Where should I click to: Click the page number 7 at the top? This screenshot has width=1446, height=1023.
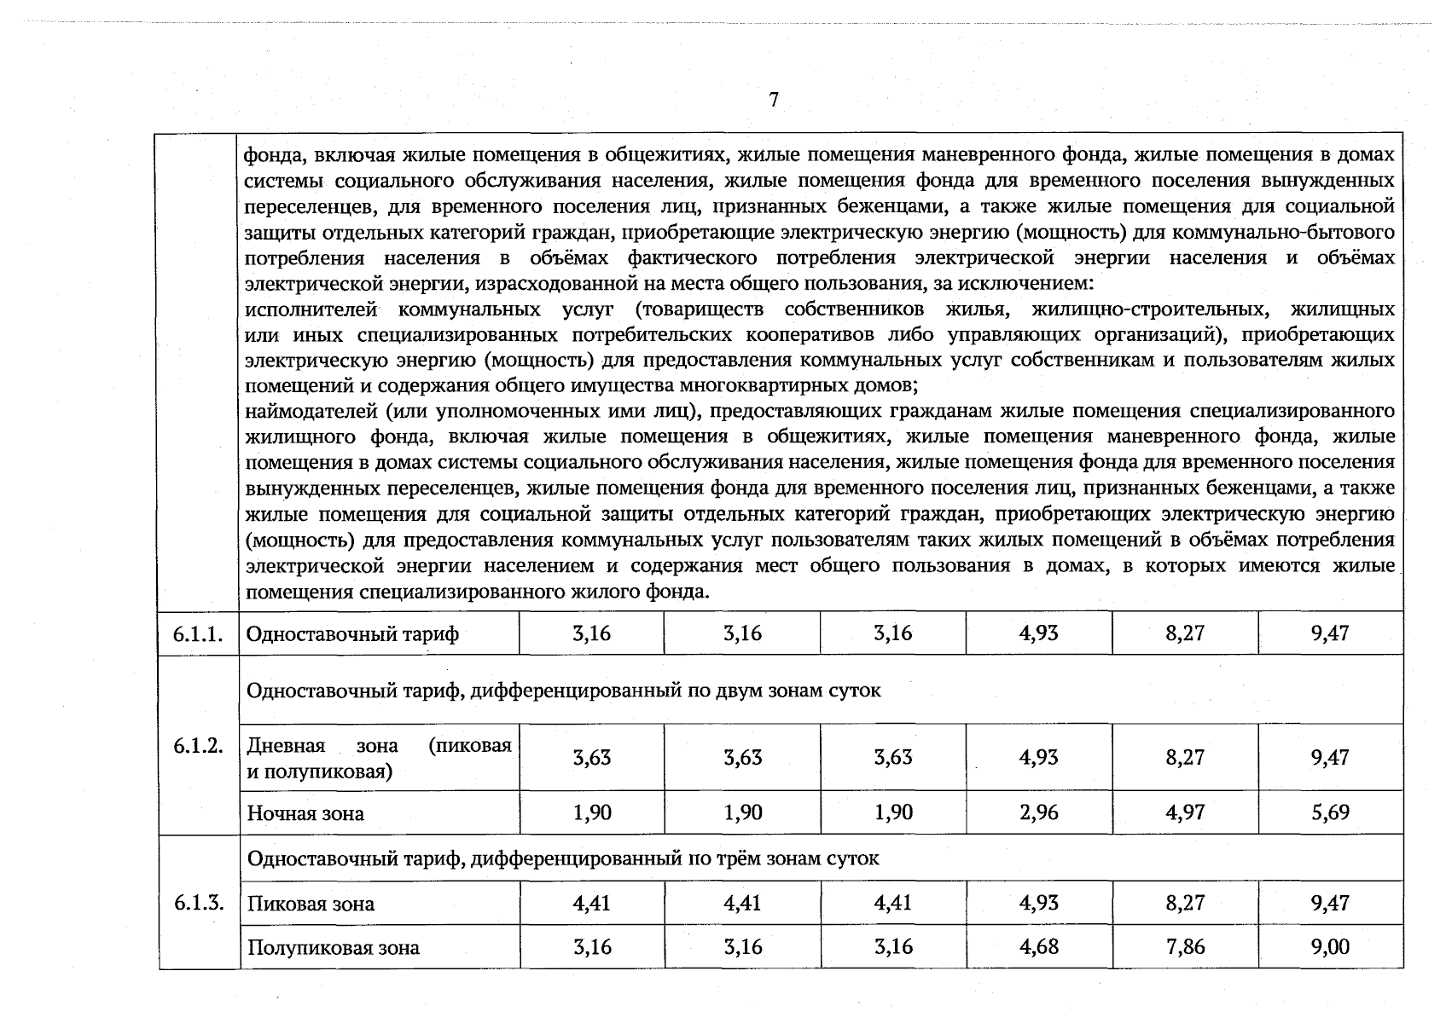pyautogui.click(x=773, y=100)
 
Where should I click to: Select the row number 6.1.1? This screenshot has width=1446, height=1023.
pyautogui.click(x=198, y=634)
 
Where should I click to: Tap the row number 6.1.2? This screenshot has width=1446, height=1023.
pyautogui.click(x=198, y=746)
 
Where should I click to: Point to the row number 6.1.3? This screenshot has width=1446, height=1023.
pyautogui.click(x=198, y=903)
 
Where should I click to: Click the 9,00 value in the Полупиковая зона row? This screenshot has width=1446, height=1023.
pyautogui.click(x=1330, y=946)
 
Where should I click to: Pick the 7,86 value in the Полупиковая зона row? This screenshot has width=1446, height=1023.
pyautogui.click(x=1185, y=946)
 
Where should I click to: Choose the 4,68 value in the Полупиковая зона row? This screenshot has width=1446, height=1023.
pyautogui.click(x=1038, y=946)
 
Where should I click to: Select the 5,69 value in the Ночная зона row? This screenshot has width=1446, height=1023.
pyautogui.click(x=1330, y=812)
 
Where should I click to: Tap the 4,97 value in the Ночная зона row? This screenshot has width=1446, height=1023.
pyautogui.click(x=1185, y=812)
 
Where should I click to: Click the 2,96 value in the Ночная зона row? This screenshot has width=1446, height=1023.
pyautogui.click(x=1038, y=812)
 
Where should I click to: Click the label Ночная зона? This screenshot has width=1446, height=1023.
pyautogui.click(x=305, y=813)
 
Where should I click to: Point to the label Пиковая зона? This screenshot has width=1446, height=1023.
pyautogui.click(x=311, y=904)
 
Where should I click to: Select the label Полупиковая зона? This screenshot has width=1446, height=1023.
pyautogui.click(x=333, y=948)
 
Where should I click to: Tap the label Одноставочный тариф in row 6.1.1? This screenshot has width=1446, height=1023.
pyautogui.click(x=352, y=634)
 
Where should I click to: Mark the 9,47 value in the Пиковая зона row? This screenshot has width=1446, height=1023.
pyautogui.click(x=1330, y=902)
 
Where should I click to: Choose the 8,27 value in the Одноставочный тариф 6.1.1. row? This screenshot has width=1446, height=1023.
pyautogui.click(x=1185, y=633)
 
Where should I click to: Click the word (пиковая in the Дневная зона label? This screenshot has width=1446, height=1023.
pyautogui.click(x=470, y=746)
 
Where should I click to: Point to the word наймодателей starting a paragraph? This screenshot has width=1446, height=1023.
pyautogui.click(x=310, y=412)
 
